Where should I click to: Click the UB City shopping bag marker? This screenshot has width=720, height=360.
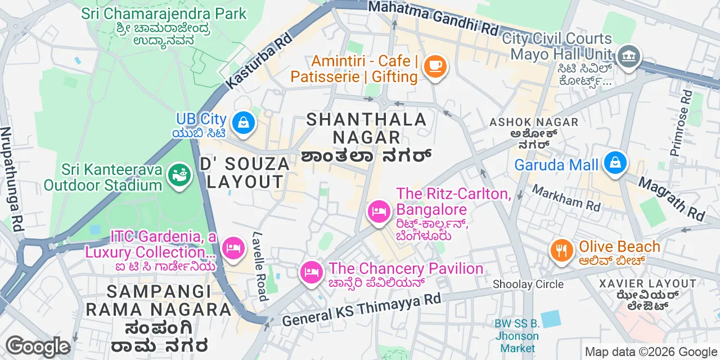(x=243, y=121)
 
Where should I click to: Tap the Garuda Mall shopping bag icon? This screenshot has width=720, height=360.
(x=615, y=164)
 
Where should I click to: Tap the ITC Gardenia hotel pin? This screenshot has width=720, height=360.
(x=232, y=248)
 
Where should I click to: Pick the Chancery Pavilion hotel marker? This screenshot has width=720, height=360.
(x=311, y=273)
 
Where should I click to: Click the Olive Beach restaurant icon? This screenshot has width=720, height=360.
(x=561, y=250)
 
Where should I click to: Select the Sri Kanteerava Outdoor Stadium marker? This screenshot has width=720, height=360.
(x=179, y=176)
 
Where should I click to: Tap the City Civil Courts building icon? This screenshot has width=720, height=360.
(x=628, y=56)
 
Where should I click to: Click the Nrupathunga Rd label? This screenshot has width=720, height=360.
(x=12, y=179)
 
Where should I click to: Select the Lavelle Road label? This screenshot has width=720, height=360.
(x=260, y=267)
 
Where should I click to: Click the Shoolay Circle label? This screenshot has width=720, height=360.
(x=528, y=284)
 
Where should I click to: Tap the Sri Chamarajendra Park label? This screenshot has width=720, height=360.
(x=164, y=13)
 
